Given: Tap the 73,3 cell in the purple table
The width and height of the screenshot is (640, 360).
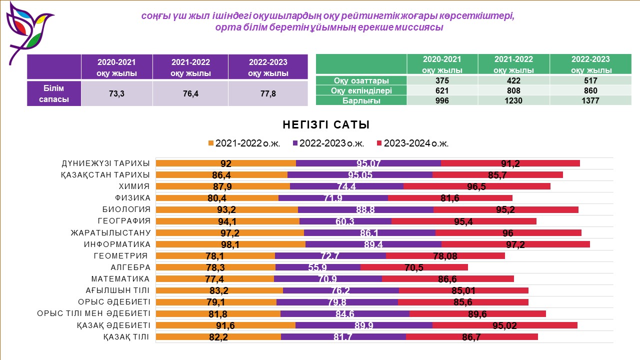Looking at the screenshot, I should coord(116,93).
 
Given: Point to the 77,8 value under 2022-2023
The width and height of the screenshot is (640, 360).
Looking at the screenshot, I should coord(267,93).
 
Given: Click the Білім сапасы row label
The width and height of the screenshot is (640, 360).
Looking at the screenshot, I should coord(54,93).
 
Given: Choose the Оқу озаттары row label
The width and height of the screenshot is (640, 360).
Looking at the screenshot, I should coord(361,80).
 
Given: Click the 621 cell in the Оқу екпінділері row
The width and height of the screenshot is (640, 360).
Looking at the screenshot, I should coord(442,90).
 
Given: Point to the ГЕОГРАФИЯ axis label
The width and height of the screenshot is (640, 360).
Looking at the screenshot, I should coord(124,221).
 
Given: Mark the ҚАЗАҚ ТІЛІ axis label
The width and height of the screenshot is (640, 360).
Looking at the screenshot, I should coord(126,337).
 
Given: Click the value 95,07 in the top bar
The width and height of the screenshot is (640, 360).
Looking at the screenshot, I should coord(368,163).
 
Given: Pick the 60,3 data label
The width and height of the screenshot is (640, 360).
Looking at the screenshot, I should coord(345,221).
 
